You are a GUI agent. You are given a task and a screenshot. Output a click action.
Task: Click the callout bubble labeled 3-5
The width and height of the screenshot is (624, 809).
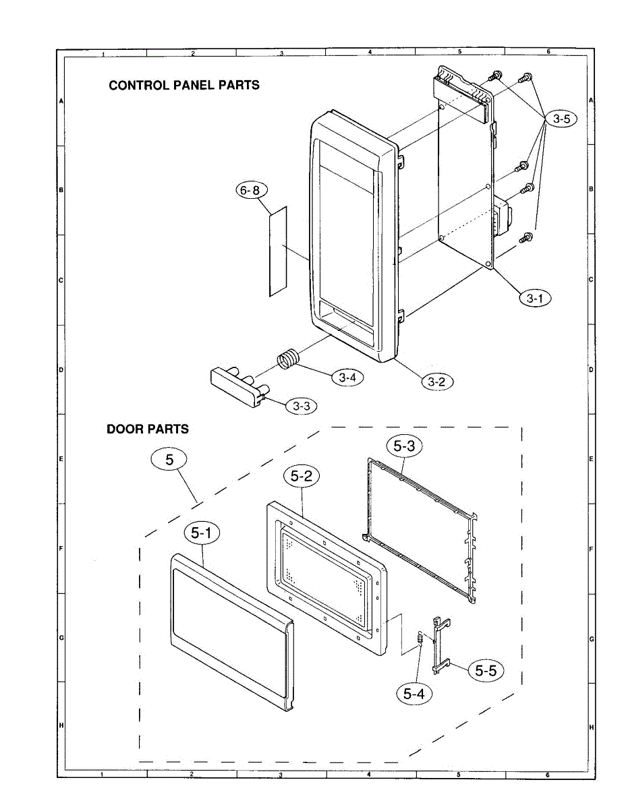[561, 119]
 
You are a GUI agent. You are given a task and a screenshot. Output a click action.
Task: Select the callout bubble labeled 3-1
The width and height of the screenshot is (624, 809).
[534, 296]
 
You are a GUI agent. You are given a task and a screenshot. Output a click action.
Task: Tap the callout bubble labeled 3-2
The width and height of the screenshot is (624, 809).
[437, 381]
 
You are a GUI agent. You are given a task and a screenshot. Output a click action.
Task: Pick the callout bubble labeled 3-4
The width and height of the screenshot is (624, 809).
[347, 378]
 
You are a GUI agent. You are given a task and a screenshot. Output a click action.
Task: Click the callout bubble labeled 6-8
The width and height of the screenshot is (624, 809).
[250, 191]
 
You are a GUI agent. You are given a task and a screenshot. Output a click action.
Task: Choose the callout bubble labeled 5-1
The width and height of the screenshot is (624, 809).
[201, 533]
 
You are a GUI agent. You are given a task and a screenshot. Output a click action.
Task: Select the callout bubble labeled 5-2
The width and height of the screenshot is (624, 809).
[302, 477]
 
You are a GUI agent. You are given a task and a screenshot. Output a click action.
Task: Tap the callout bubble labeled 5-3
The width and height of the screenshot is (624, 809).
[403, 446]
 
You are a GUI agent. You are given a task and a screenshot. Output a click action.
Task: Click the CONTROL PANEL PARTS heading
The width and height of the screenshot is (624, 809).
[184, 86]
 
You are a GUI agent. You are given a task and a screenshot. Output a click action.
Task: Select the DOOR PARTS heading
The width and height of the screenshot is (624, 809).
[148, 429]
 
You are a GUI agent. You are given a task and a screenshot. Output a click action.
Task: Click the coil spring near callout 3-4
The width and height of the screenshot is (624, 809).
[289, 358]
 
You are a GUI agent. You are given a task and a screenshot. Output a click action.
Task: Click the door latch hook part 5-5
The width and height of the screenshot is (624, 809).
[439, 643]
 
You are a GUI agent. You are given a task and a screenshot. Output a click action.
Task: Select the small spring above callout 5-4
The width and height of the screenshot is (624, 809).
[420, 638]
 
